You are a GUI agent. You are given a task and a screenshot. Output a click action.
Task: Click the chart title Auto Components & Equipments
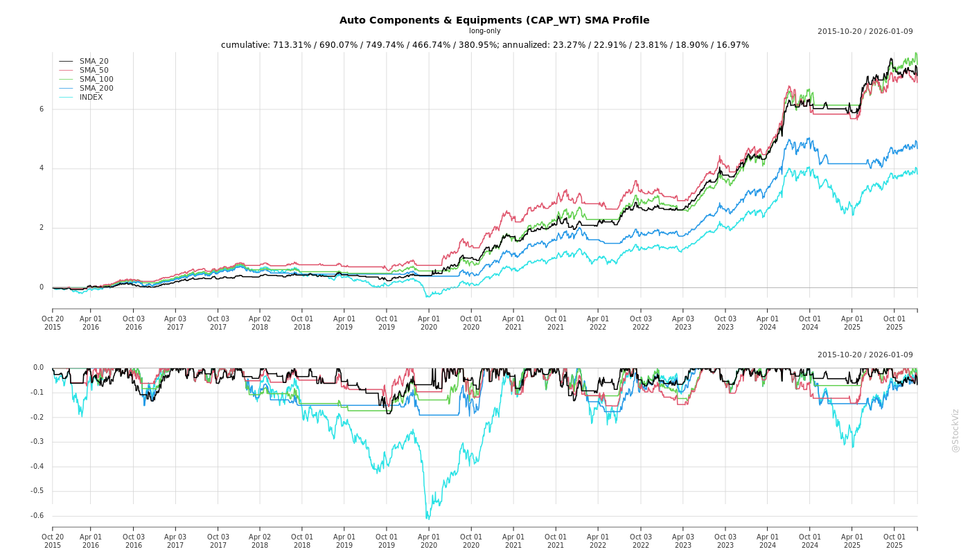click(494, 20)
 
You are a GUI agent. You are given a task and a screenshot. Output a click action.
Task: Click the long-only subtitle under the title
click(484, 31)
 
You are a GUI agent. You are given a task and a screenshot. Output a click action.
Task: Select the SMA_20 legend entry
click(94, 62)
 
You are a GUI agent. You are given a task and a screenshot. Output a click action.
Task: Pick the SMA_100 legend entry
click(96, 80)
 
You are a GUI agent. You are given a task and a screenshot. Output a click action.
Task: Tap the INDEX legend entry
click(91, 98)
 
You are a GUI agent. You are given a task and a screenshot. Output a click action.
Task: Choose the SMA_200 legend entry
click(96, 89)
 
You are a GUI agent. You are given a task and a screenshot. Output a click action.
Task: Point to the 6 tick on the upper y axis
click(42, 109)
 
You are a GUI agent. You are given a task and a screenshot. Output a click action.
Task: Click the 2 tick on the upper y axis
click(42, 228)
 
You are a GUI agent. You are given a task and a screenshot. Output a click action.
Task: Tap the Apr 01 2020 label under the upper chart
click(429, 323)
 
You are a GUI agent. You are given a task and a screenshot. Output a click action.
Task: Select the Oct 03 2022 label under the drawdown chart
click(640, 542)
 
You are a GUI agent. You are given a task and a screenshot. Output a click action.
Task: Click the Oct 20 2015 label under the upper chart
click(53, 323)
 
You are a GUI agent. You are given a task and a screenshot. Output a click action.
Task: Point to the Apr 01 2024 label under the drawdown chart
click(767, 542)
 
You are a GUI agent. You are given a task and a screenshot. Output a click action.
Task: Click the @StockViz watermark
click(955, 430)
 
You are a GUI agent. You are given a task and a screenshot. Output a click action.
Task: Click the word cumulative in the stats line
click(245, 45)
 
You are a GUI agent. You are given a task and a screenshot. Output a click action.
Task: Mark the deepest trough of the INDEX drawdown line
click(427, 518)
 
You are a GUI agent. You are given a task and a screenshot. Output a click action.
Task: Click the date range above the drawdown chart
click(865, 355)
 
